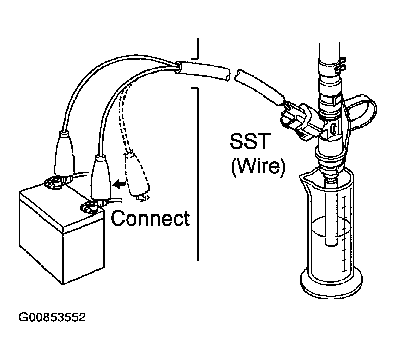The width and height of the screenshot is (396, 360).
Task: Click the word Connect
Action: [x=150, y=218]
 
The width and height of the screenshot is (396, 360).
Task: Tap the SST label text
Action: [x=250, y=141]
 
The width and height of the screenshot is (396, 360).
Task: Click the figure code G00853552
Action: [x=52, y=317]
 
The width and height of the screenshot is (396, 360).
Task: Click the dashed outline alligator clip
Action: [x=136, y=176]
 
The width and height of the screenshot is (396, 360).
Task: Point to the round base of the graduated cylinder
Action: [x=331, y=283]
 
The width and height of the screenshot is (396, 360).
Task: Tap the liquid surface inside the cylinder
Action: [x=331, y=227]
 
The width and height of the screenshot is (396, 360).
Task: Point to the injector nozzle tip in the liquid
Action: [x=331, y=241]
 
